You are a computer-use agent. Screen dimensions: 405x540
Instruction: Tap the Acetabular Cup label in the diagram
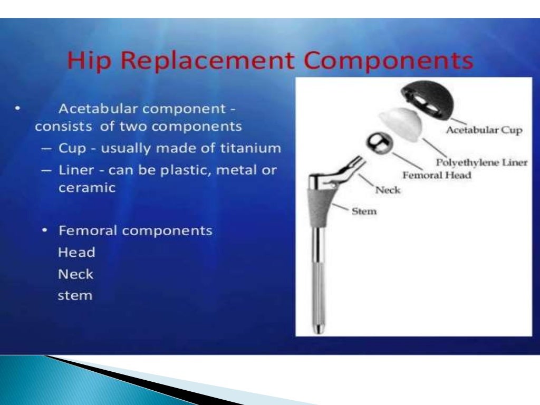click(x=484, y=130)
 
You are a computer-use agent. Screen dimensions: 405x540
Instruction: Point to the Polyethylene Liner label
click(x=481, y=162)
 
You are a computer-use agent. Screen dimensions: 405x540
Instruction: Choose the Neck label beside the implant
click(x=388, y=190)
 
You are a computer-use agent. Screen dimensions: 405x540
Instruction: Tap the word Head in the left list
click(x=76, y=253)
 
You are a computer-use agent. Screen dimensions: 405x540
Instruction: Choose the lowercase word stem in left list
click(x=75, y=295)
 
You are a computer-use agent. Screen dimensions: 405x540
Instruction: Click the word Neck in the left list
click(x=75, y=274)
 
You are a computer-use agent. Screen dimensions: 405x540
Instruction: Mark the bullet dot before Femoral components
click(x=46, y=231)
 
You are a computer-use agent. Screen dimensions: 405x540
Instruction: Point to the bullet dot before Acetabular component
click(x=18, y=109)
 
